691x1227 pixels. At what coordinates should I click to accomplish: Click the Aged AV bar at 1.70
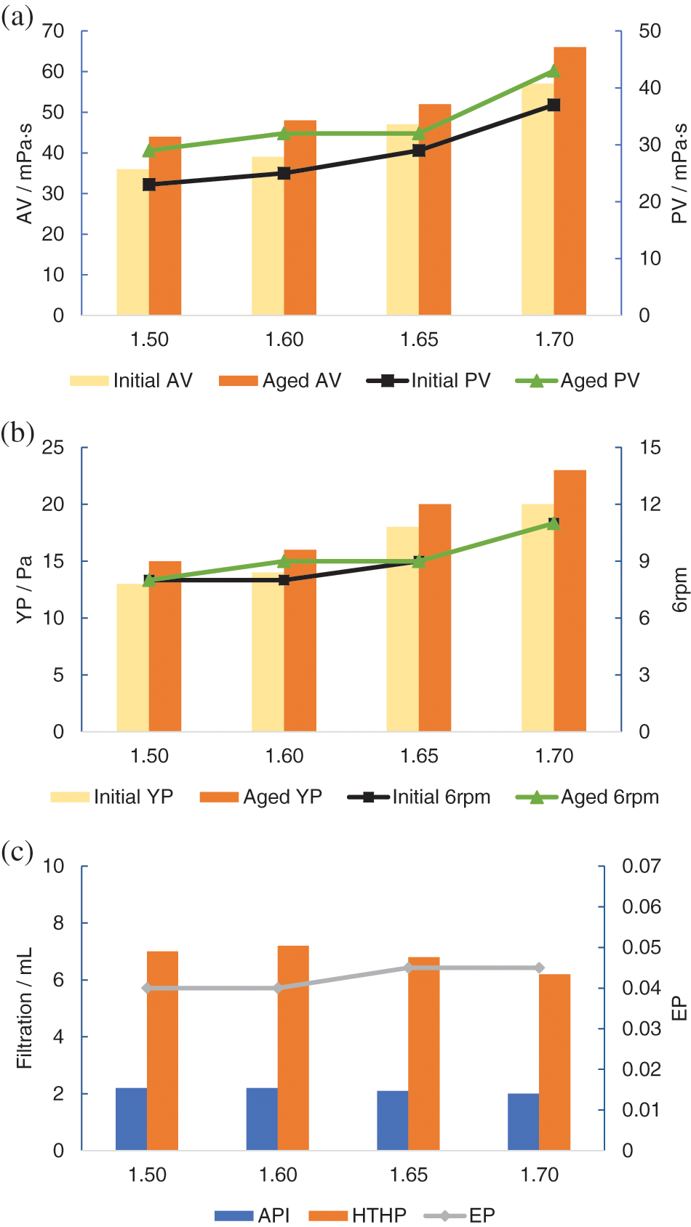point(570,182)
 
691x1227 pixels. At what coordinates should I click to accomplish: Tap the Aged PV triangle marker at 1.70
point(554,71)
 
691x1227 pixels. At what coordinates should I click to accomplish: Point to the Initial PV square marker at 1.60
point(284,173)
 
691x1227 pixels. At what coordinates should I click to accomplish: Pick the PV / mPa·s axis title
point(679,173)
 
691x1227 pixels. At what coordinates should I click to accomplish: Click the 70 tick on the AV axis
point(53,31)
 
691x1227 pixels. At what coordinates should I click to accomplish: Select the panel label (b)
point(18,433)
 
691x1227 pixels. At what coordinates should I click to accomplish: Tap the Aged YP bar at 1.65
point(435,618)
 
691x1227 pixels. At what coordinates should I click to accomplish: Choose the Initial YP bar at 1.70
point(538,618)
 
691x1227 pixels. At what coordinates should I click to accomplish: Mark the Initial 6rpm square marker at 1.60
point(284,580)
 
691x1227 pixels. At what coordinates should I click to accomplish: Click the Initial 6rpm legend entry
point(420,797)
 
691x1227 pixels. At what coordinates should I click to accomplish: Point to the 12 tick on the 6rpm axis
point(650,504)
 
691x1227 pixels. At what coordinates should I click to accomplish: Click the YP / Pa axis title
point(25,590)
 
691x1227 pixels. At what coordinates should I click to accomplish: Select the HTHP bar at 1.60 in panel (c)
point(293,1048)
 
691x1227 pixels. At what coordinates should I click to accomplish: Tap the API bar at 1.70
point(523,1122)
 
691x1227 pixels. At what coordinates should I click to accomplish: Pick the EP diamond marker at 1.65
point(409,967)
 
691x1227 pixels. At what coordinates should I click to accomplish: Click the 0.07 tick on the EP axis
point(641,866)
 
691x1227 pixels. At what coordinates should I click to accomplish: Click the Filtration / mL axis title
point(25,1007)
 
